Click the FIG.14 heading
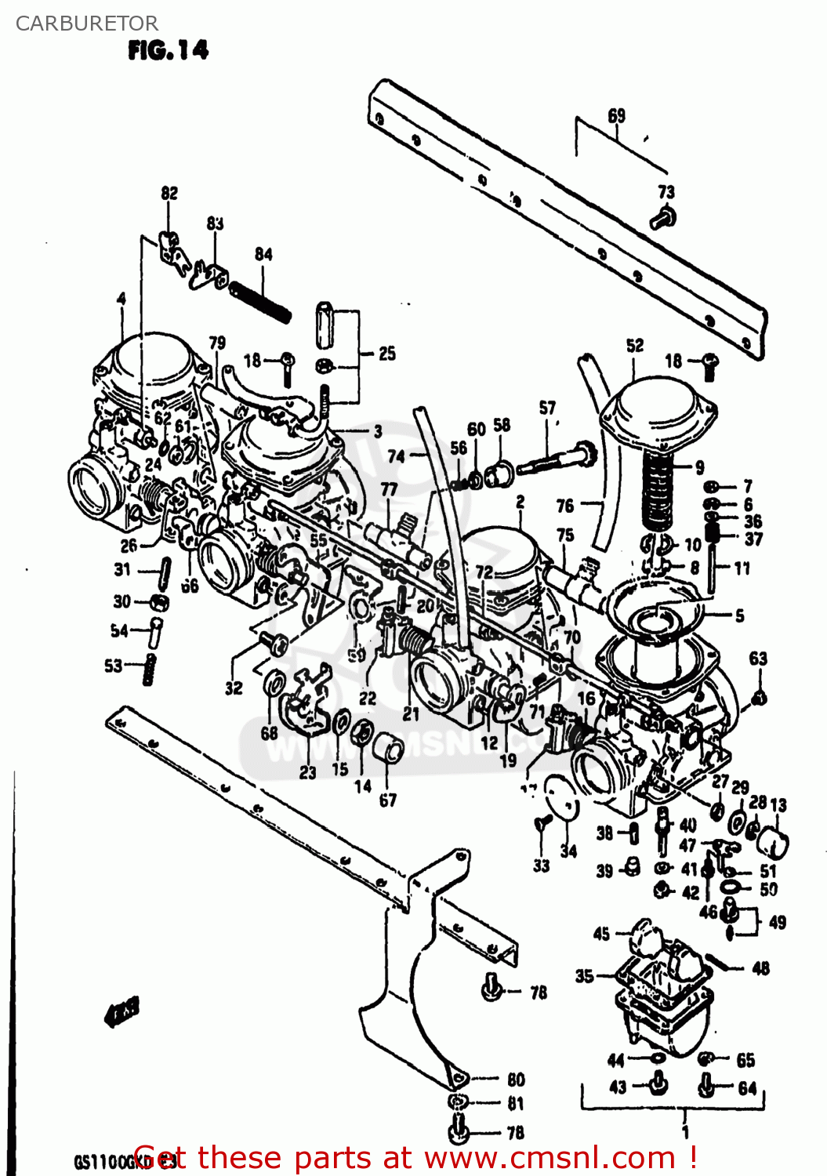(x=168, y=51)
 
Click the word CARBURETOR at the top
(x=86, y=24)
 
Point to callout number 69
(x=617, y=116)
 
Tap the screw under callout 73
(x=663, y=217)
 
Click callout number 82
(x=169, y=193)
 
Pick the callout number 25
(x=387, y=354)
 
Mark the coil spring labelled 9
(x=658, y=494)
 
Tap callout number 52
(x=635, y=345)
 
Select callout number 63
(x=758, y=659)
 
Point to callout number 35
(x=585, y=976)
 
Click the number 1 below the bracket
(x=685, y=1132)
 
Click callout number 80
(x=515, y=1080)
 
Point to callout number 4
(x=122, y=299)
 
